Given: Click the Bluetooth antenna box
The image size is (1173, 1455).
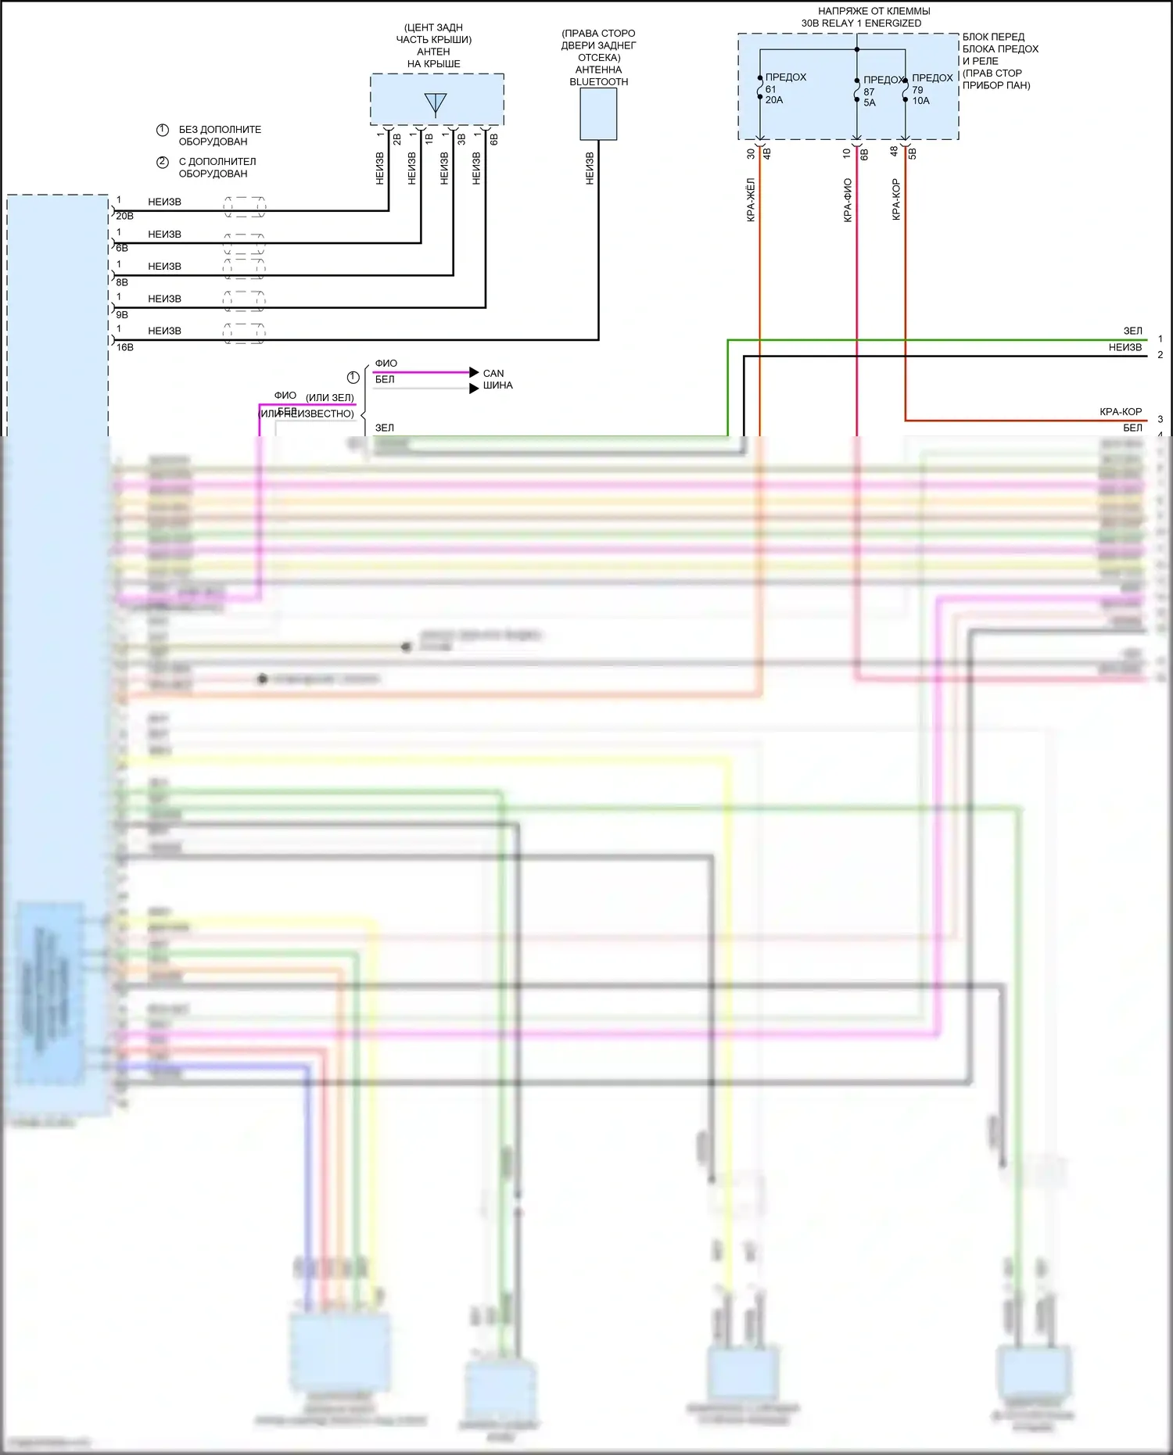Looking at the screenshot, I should tap(598, 114).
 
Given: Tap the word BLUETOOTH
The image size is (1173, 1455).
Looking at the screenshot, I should tap(598, 82).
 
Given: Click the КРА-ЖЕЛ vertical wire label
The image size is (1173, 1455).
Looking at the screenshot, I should tap(751, 200).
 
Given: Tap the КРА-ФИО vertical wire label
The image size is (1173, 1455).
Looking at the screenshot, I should tap(848, 201).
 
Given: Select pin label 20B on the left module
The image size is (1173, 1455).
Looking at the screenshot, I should tap(124, 217).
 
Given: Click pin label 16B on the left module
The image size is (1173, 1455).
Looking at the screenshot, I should tap(124, 347).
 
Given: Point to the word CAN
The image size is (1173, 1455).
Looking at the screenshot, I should tap(493, 374).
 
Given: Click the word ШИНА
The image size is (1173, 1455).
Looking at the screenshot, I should tap(497, 385).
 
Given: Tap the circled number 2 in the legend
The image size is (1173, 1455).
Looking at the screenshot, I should tap(163, 163).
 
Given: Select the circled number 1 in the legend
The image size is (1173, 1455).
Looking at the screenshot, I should tap(163, 130).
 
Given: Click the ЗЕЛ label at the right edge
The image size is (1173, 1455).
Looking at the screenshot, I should tap(1132, 331).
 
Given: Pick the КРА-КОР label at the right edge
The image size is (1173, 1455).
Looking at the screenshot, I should tap(1121, 412).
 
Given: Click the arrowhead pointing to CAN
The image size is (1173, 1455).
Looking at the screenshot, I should tap(474, 373).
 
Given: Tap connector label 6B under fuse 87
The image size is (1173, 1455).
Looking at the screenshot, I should tap(864, 155).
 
